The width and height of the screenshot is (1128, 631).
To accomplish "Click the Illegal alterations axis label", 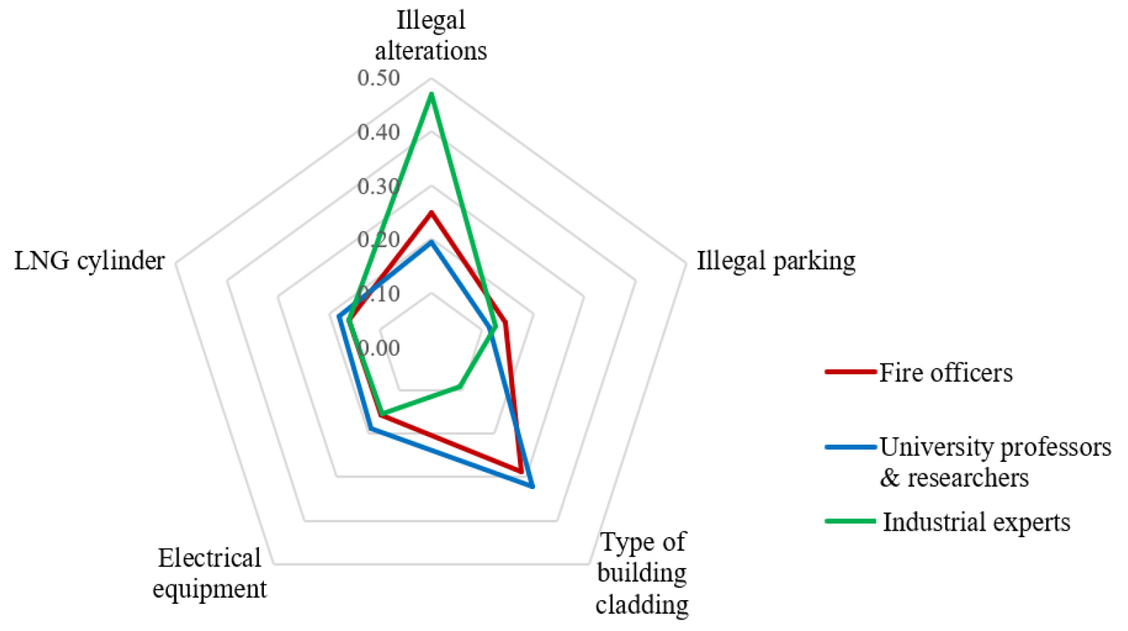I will (430, 35).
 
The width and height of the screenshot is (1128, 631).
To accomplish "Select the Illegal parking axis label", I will (776, 260).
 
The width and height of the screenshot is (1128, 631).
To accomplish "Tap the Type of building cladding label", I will (642, 573).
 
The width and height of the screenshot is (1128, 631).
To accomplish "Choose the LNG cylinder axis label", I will (90, 260).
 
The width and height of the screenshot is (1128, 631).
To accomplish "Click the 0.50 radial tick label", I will (379, 77).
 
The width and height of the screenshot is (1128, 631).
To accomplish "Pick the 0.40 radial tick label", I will (379, 132).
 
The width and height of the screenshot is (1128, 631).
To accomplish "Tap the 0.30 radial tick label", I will (379, 186).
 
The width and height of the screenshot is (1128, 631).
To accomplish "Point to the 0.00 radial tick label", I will (379, 348).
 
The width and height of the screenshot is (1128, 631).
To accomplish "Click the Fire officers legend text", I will (946, 373).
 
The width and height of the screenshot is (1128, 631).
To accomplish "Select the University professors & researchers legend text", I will (995, 462).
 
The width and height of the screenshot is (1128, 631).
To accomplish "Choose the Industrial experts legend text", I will (976, 522).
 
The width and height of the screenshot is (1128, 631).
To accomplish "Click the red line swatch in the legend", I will (850, 372).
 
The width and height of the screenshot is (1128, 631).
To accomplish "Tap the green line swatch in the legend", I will (850, 521).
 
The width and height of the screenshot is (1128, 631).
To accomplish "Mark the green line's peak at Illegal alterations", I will (431, 95).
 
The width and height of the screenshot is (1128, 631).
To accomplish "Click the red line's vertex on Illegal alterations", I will (431, 212).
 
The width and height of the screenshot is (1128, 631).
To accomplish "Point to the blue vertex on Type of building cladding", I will (532, 487).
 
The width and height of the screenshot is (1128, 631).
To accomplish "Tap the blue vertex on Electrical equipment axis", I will (371, 429).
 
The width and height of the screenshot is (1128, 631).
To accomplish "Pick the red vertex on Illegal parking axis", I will (506, 323).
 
